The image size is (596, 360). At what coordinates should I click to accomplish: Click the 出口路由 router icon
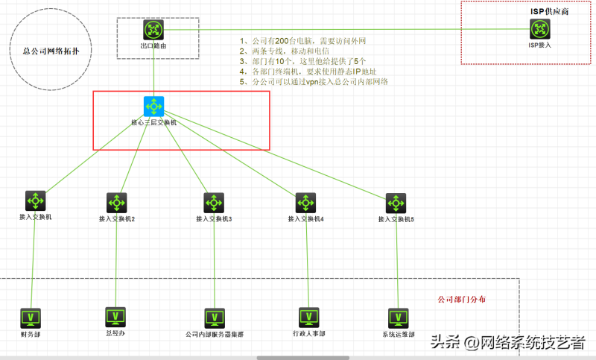coord(153,31)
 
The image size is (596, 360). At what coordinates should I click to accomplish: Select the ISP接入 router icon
coord(540,29)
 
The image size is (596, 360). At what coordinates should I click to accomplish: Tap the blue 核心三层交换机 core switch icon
coord(153,106)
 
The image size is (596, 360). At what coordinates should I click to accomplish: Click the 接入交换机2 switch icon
coord(116,203)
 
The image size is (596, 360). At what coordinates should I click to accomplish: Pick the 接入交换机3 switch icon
coord(214,203)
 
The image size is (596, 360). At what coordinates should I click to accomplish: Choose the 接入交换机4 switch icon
coord(305,203)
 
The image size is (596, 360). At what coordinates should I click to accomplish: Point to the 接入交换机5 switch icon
coord(396,203)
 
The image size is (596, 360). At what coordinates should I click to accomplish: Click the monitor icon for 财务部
coord(31,318)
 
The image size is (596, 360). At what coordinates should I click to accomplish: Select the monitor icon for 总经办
coord(115,316)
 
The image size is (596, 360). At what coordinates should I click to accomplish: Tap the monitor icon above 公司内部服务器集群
coord(215,318)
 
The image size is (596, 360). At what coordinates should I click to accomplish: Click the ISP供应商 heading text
coord(554,13)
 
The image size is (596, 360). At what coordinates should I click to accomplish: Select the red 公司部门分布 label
coord(463,299)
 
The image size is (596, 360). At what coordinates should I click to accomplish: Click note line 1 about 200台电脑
coord(303,41)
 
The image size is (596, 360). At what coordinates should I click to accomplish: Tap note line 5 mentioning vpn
coord(314,82)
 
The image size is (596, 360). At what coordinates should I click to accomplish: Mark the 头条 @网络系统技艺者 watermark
coord(507,342)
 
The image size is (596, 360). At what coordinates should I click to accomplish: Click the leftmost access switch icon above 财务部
coord(35,200)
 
